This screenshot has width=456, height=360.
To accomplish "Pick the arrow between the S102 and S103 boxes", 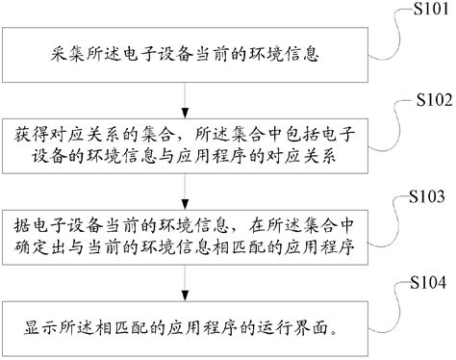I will (184, 186).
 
